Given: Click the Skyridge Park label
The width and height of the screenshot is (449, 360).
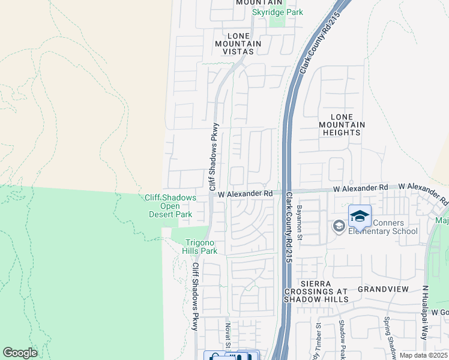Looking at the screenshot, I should click(277, 13).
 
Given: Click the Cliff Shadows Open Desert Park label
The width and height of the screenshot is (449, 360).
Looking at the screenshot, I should click(170, 206).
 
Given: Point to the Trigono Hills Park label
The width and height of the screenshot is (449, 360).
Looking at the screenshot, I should click(200, 247).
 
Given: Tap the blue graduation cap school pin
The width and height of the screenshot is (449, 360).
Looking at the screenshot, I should click(360, 217).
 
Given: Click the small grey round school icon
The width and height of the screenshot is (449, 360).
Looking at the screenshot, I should click(339, 226).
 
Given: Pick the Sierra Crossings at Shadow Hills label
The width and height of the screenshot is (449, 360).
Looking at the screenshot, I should click(316, 294).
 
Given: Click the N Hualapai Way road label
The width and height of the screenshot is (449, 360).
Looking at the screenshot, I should click(425, 320).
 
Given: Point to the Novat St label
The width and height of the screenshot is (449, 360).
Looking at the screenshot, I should click(228, 336).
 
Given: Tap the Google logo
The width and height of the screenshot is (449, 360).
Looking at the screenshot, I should click(20, 353).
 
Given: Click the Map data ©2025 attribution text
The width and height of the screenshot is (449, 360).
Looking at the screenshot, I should click(424, 355).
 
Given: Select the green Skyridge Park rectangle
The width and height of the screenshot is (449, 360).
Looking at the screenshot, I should click(277, 21).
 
